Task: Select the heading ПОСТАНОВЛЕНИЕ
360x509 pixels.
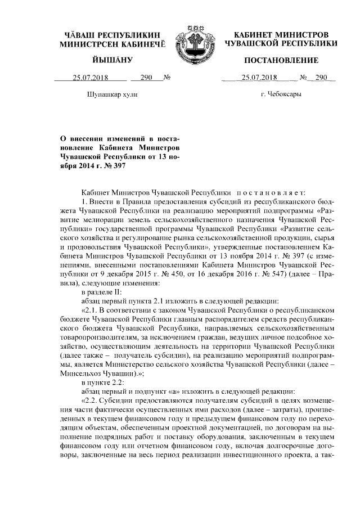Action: click(x=281, y=60)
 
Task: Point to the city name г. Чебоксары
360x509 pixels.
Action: click(x=281, y=94)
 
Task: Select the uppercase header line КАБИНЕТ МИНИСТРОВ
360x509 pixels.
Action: click(x=281, y=35)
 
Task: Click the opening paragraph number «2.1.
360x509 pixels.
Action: click(x=93, y=310)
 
